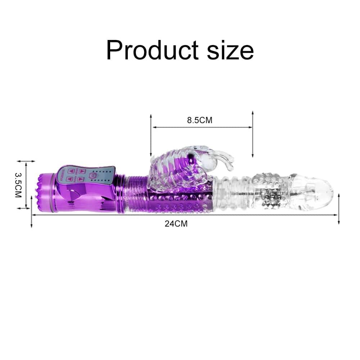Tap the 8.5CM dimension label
pyautogui.click(x=199, y=120)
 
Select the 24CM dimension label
pyautogui.click(x=176, y=223)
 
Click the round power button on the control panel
pyautogui.click(x=91, y=175)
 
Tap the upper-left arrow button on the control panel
pyautogui.click(x=71, y=171)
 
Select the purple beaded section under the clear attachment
pyautogui.click(x=180, y=203)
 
